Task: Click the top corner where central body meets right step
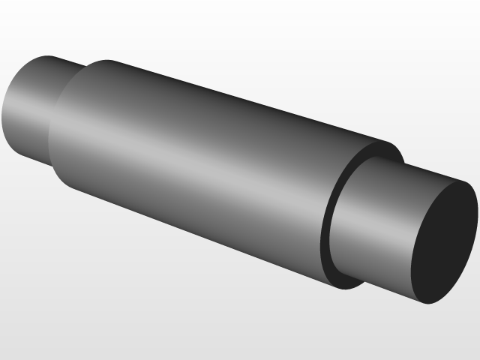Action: point(391,143)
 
